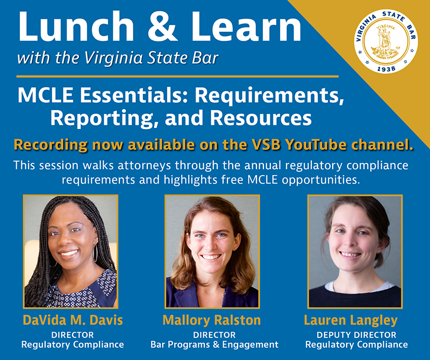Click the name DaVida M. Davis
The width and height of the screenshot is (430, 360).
click(x=73, y=321)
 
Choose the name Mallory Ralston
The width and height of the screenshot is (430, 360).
click(x=212, y=321)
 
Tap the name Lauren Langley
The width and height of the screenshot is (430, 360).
click(x=350, y=321)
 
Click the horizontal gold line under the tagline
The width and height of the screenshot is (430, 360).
click(x=177, y=77)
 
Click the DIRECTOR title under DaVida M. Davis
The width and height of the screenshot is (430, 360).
click(x=73, y=335)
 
